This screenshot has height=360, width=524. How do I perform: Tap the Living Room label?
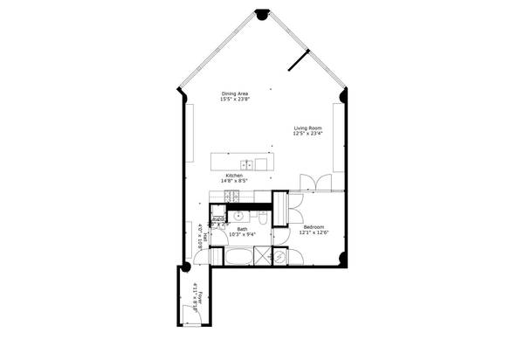tap(307, 128)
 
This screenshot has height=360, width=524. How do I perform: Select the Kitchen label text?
tap(234, 176)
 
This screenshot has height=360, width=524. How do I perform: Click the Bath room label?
tap(242, 229)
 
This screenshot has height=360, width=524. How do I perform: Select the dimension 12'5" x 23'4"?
tap(307, 134)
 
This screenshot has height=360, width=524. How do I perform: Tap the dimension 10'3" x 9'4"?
tap(242, 235)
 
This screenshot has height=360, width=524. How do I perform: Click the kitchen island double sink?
tap(248, 163)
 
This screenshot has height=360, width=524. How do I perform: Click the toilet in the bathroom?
tap(261, 218)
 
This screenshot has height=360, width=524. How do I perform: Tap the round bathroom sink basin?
tap(237, 216)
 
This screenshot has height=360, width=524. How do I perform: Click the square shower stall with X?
tap(260, 257)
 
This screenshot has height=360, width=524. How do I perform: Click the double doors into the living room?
tap(314, 182)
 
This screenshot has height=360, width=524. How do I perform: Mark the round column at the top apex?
tap(261, 14)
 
